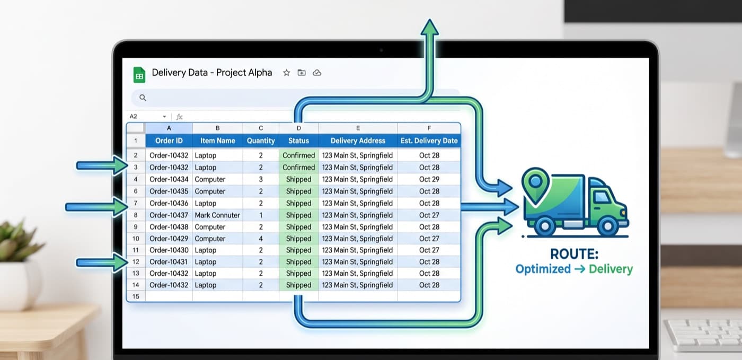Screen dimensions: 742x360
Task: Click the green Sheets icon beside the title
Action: click(x=139, y=75)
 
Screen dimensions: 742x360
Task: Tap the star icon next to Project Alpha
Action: click(x=287, y=73)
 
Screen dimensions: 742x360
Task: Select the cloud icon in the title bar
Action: click(x=317, y=73)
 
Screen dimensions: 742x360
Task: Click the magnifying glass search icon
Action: click(x=143, y=98)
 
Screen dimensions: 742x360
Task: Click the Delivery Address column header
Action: click(x=358, y=141)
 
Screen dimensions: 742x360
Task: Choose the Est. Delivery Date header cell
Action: click(x=429, y=141)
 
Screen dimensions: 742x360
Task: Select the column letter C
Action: click(x=261, y=128)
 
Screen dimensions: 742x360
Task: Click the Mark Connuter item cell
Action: click(x=217, y=215)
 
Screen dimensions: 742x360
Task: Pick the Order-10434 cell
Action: click(x=169, y=179)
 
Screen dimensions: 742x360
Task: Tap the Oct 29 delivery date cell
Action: click(x=429, y=179)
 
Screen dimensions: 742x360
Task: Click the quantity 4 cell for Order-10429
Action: click(x=261, y=239)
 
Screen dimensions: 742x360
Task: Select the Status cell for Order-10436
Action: click(x=298, y=203)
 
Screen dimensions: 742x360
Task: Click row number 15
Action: click(x=136, y=296)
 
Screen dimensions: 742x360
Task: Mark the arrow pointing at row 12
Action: click(x=102, y=263)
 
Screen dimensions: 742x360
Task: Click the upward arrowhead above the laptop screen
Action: click(x=430, y=27)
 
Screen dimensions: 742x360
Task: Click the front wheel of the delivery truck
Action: click(x=607, y=226)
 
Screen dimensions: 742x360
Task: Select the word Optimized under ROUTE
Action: click(x=543, y=269)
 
